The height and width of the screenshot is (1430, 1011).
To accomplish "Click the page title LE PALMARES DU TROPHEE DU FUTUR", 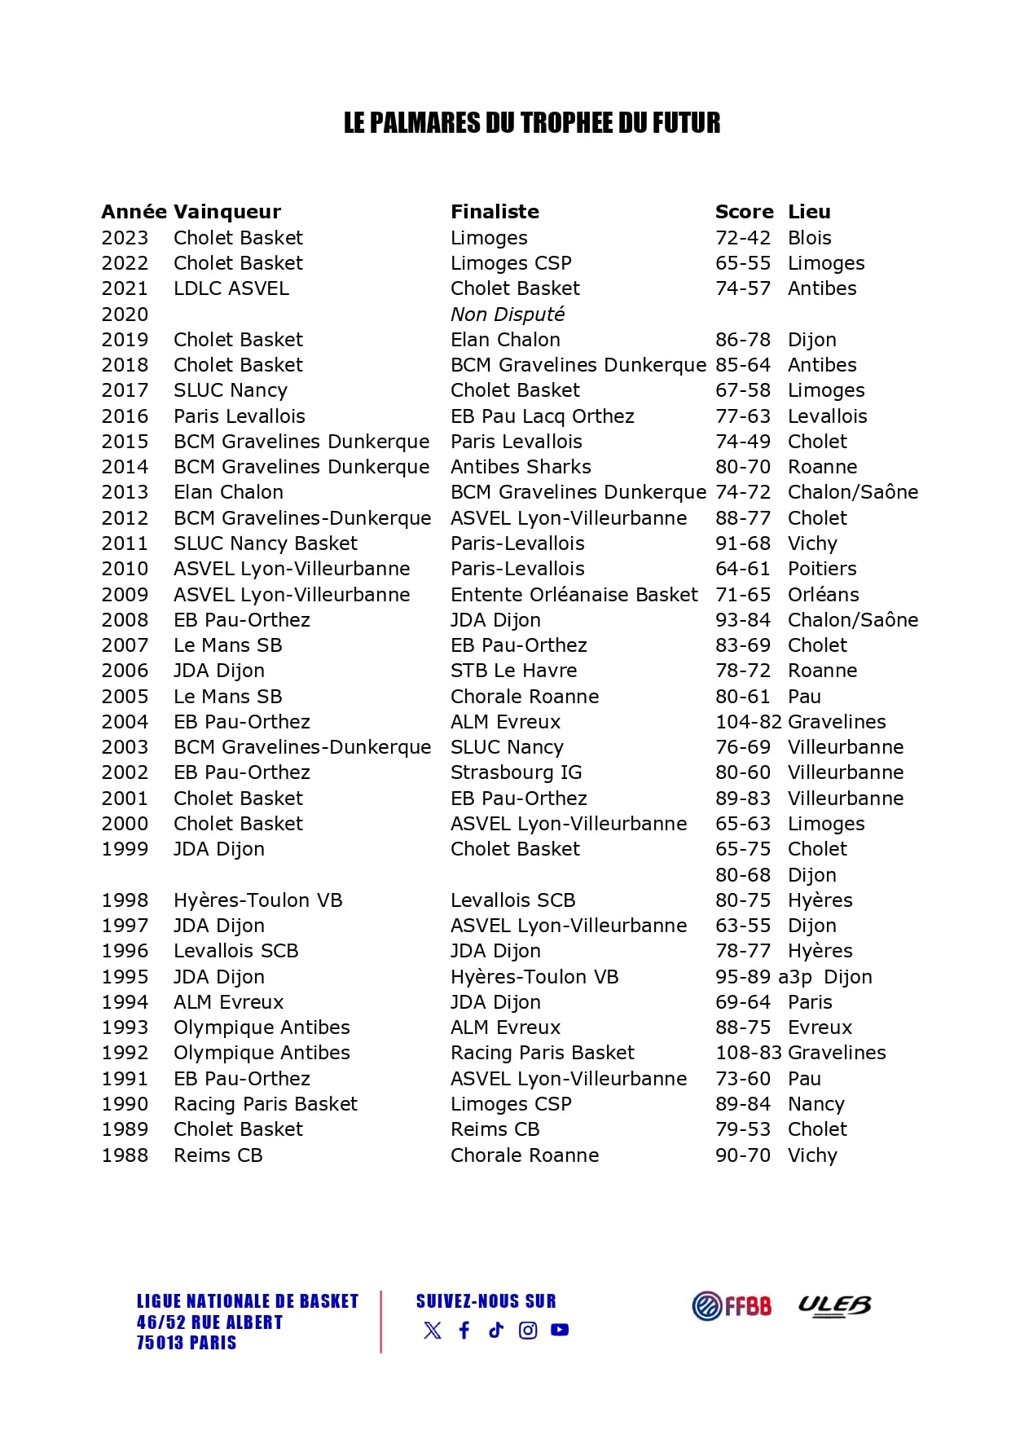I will point(531,123).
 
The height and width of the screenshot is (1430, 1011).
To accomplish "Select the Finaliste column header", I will point(495,212).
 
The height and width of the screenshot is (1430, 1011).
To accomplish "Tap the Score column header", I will point(744,212).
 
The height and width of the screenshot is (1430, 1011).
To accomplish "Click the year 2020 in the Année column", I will point(125,315).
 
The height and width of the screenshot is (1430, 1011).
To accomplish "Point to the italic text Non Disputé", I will point(507,315).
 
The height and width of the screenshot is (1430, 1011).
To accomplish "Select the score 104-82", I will point(749,722).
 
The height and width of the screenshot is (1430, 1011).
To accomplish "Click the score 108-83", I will point(749,1053).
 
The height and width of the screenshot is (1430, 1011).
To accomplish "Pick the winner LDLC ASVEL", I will point(231,288).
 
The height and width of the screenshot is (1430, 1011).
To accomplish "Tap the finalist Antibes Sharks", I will point(521,467).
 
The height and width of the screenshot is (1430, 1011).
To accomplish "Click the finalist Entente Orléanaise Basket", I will point(574,595).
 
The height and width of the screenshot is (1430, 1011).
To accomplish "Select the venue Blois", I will point(809,238).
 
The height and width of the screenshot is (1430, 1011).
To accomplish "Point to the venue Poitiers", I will point(822,569).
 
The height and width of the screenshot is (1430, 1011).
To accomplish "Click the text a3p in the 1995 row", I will point(794,977).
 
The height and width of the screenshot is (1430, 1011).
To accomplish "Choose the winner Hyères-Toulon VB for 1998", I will point(257,900).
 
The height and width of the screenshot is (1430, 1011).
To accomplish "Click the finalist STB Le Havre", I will point(513,671).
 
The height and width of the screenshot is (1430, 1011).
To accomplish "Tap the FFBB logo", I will point(731,1305).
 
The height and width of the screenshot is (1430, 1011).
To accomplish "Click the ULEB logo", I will point(833,1305).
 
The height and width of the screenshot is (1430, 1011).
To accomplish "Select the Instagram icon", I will point(528,1331).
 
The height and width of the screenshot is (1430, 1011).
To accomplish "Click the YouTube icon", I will point(560,1330).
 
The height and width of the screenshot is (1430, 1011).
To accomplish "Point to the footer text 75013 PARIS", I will point(186,1343).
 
